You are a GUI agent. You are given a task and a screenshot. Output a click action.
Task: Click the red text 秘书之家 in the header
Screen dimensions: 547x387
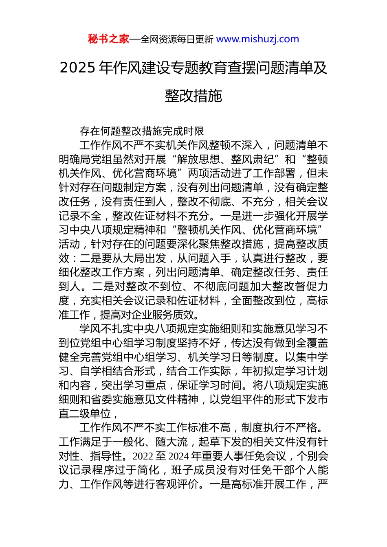[x=108, y=39]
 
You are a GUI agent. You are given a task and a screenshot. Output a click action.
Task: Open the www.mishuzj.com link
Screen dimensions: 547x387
[x=257, y=39]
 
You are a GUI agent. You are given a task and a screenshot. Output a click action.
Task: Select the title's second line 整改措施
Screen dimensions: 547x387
[x=193, y=96]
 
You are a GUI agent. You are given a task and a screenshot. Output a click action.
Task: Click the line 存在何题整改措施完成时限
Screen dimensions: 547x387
[x=142, y=131]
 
